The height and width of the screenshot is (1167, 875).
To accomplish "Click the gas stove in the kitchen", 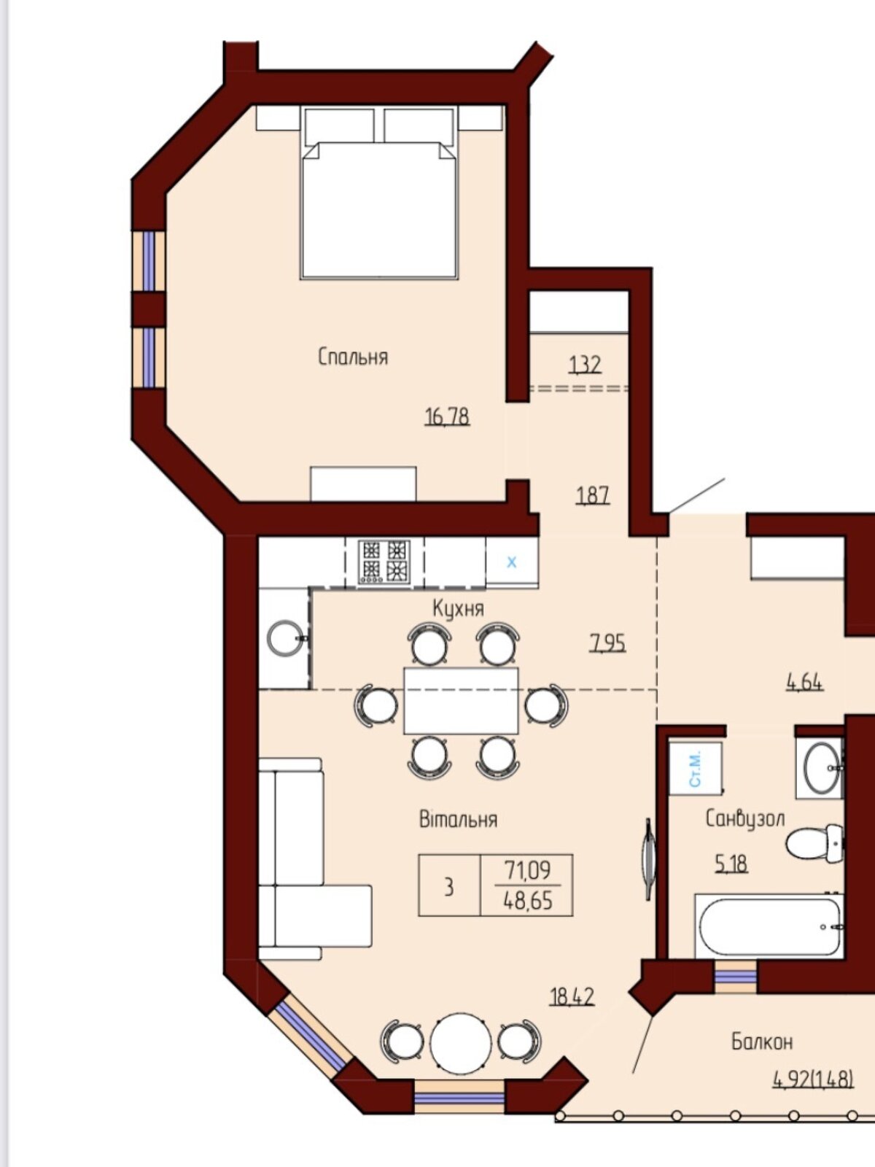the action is (384, 562).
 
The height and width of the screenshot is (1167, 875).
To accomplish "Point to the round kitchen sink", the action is (285, 637).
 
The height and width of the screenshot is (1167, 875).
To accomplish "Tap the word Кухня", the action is (459, 608).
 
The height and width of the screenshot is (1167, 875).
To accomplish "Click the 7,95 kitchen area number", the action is (608, 643).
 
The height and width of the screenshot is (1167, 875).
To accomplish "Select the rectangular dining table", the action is (461, 701).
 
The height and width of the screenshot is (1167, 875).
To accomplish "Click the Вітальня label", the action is (458, 819).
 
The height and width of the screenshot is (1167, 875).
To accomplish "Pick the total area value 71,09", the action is (527, 870).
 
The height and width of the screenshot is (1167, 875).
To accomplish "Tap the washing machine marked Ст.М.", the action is (696, 768).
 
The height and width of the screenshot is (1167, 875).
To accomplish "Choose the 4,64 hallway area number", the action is (804, 681).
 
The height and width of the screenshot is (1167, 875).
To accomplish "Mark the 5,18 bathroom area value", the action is (731, 864).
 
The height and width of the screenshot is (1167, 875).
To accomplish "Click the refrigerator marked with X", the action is (512, 562).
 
